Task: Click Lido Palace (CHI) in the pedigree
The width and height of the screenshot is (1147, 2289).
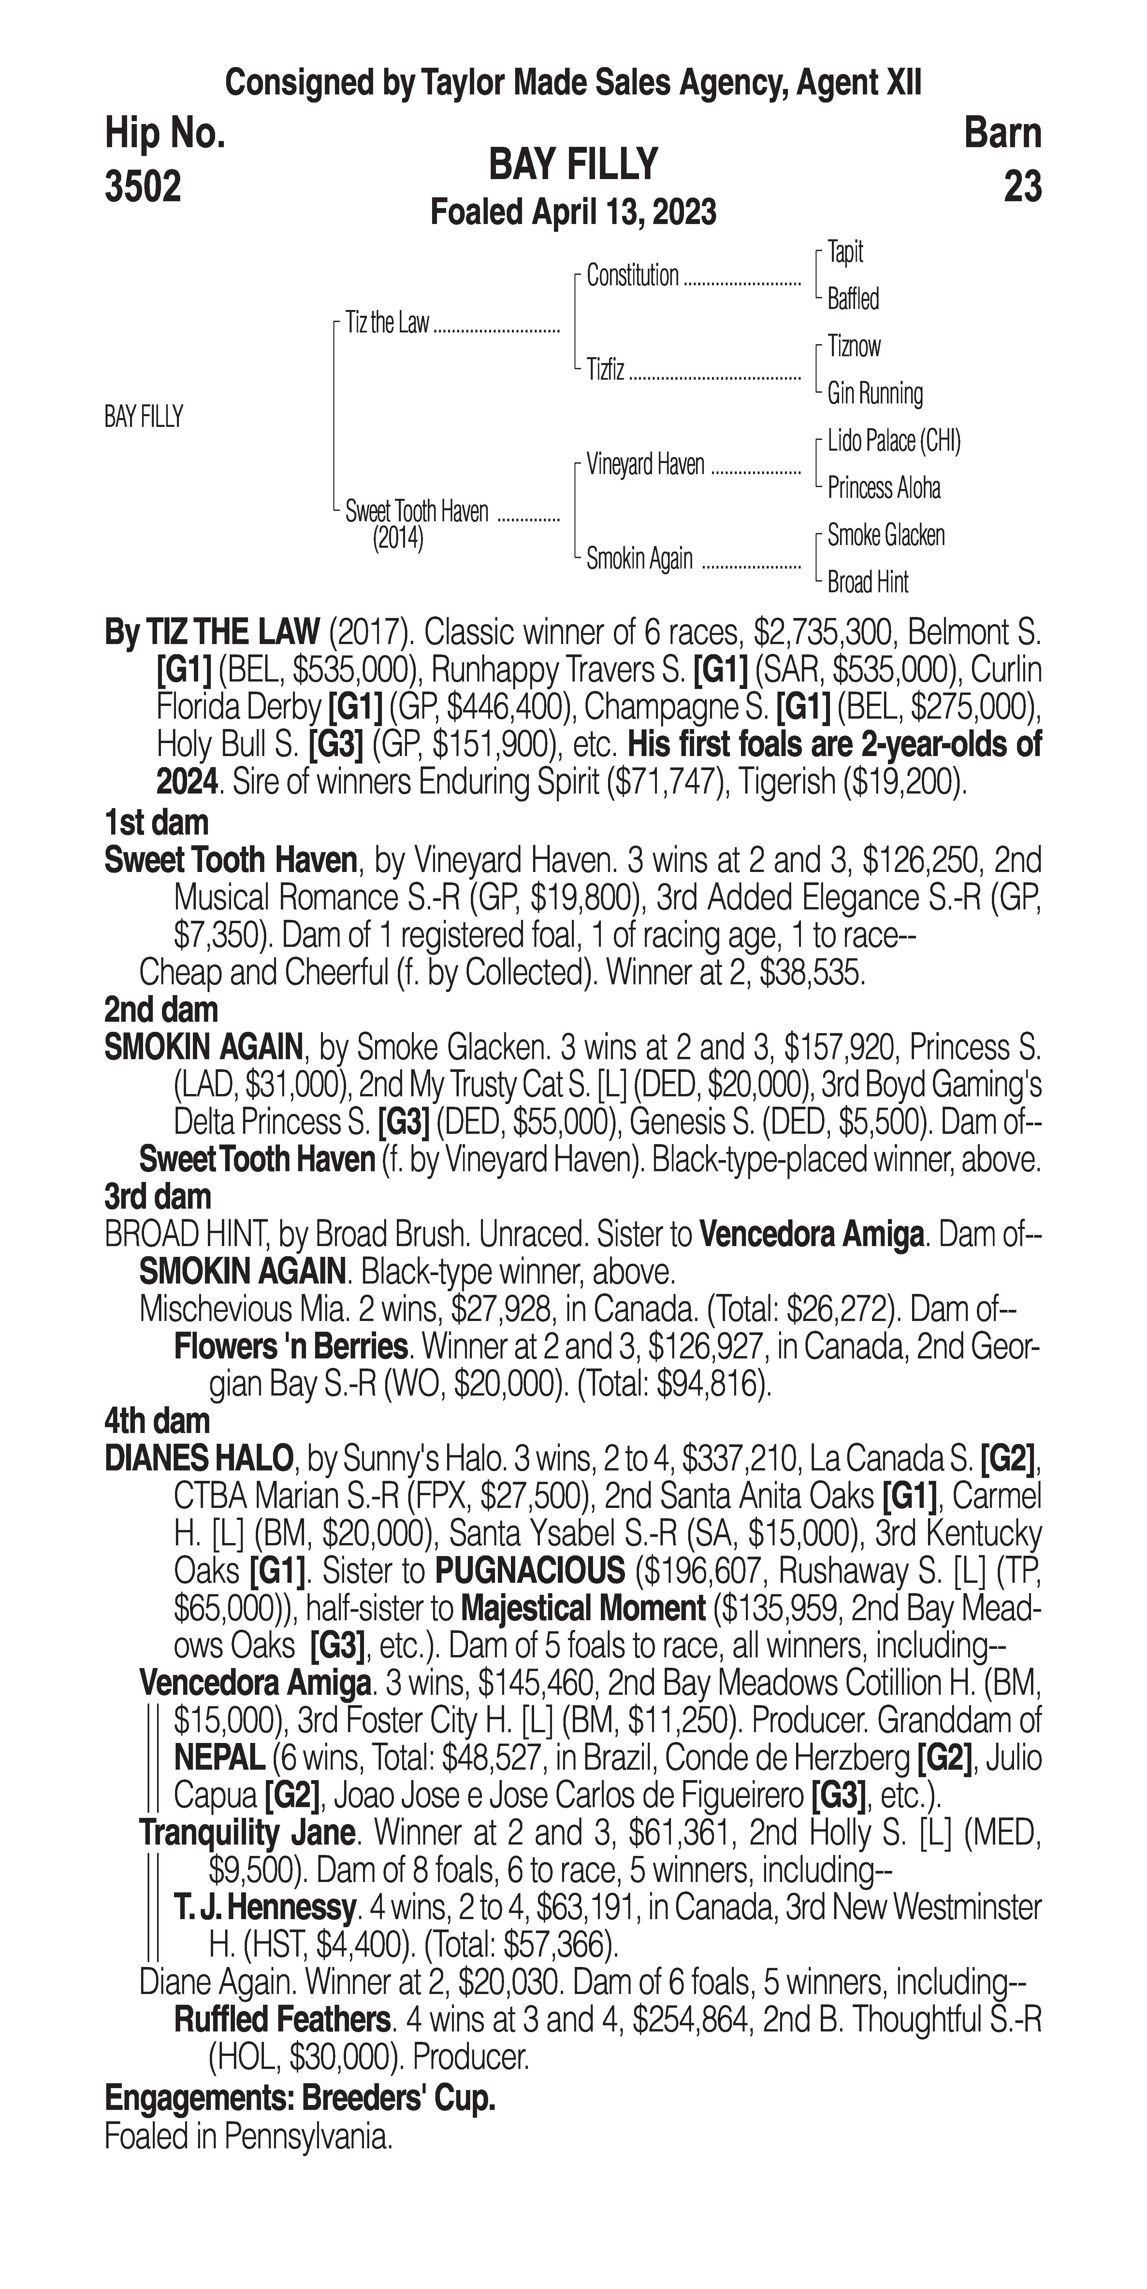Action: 893,441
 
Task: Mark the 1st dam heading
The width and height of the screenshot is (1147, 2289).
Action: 156,823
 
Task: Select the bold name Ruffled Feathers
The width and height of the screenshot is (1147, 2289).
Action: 282,2019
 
